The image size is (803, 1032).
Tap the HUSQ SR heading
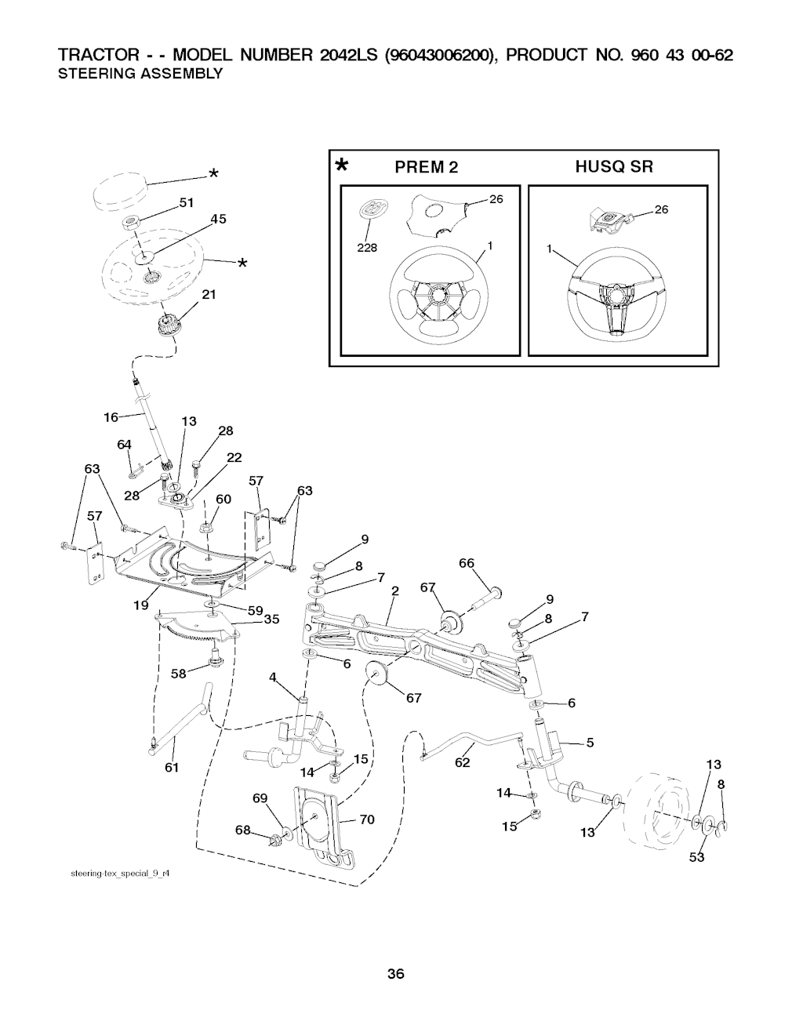[x=613, y=166]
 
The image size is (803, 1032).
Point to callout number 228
[x=367, y=247]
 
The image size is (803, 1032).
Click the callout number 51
[x=186, y=202]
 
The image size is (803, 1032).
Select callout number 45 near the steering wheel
[x=217, y=219]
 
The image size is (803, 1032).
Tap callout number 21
[x=209, y=295]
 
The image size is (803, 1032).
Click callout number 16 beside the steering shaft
[x=111, y=417]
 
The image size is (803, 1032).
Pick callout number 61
[x=173, y=767]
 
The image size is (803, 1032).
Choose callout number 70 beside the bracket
[x=367, y=820]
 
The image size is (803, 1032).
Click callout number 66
[x=467, y=563]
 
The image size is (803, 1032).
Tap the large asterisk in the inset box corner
[x=341, y=165]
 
